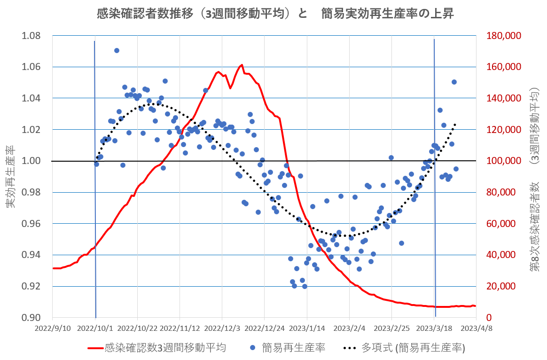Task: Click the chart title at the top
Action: point(274,14)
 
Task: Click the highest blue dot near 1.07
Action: point(117,50)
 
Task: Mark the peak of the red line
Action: point(241,65)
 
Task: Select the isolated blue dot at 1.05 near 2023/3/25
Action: point(454,82)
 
